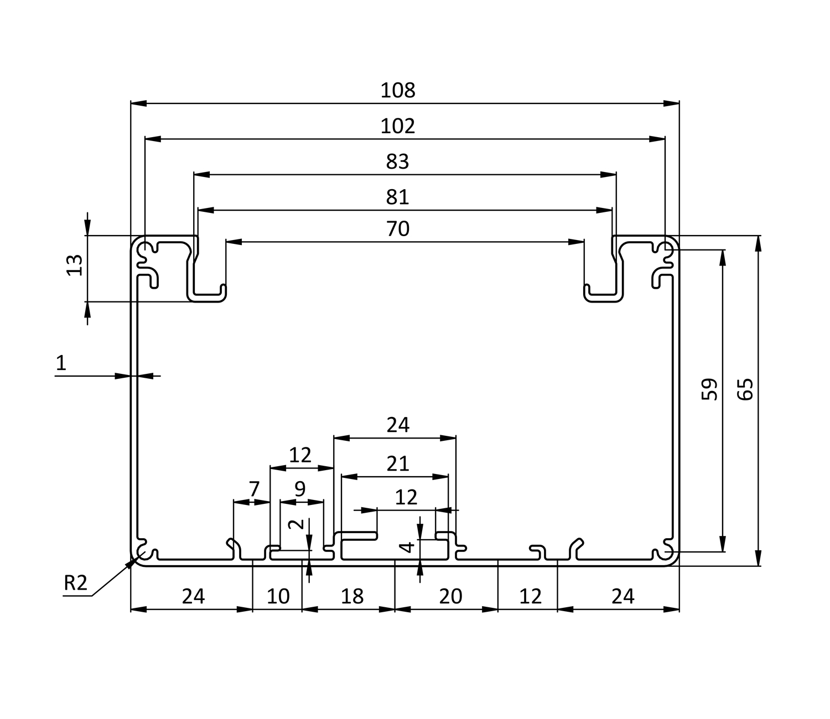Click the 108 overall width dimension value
(x=397, y=90)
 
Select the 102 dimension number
(x=397, y=126)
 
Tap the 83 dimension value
(x=397, y=162)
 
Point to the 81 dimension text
(x=397, y=197)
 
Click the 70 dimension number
(x=397, y=229)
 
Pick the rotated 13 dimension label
(x=74, y=265)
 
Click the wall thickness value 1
(x=61, y=363)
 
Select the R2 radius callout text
(x=75, y=583)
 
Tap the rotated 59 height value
(x=709, y=389)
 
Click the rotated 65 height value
(x=745, y=389)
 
